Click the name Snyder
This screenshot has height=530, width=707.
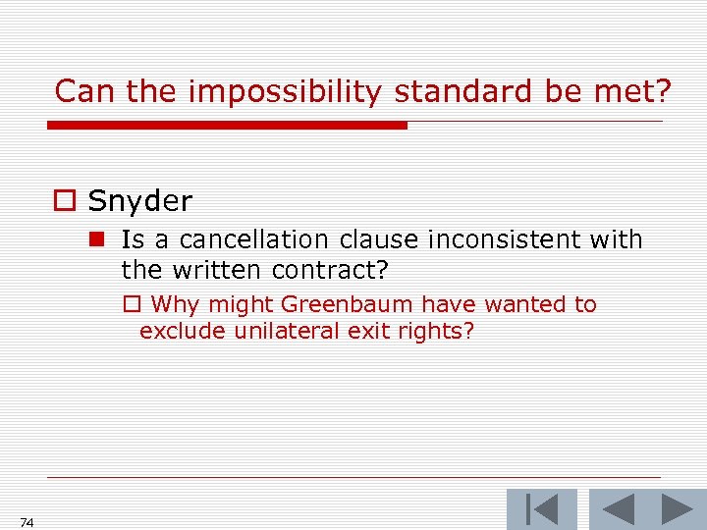(139, 201)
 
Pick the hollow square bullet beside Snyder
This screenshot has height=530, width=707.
(63, 202)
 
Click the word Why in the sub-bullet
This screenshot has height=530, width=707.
(175, 304)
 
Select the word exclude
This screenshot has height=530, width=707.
(184, 331)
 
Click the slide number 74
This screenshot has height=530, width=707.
(27, 523)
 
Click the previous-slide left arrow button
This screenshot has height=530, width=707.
(617, 509)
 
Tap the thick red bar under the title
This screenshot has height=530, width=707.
(227, 126)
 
